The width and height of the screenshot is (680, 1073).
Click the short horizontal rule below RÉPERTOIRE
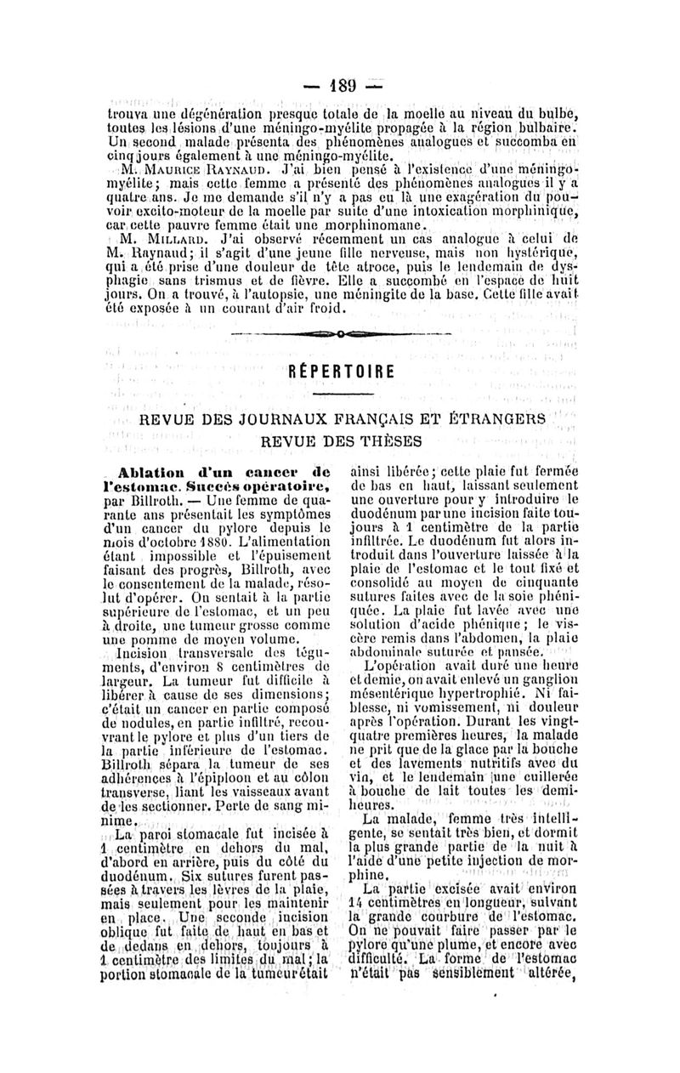tap(339, 395)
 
